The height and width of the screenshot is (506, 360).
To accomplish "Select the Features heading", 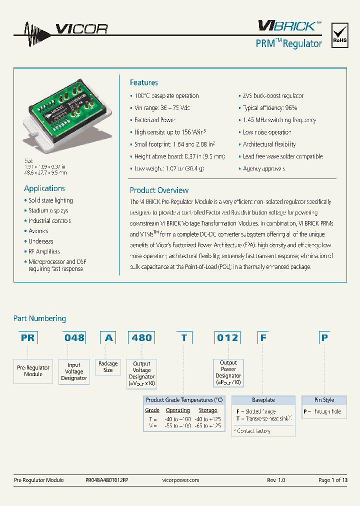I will pyautogui.click(x=143, y=82).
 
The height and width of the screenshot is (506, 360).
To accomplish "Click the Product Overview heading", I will pyautogui.click(x=159, y=190).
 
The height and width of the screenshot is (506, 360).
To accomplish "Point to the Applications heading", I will pyautogui.click(x=44, y=188).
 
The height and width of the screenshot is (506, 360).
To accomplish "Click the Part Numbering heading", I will pyautogui.click(x=39, y=318).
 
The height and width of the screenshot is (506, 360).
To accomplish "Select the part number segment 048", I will pyautogui.click(x=74, y=337).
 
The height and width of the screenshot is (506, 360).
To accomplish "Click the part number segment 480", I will pyautogui.click(x=141, y=337).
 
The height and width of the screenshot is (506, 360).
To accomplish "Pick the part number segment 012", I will pyautogui.click(x=227, y=337).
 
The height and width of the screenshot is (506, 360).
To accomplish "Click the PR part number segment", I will pyautogui.click(x=28, y=337).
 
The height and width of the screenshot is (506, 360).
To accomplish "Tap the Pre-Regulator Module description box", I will pyautogui.click(x=33, y=371).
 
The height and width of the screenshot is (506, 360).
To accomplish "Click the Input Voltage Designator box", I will pyautogui.click(x=74, y=371).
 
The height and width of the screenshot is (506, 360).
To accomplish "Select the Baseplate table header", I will pyautogui.click(x=263, y=400).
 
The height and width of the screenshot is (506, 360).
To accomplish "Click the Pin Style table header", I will pyautogui.click(x=324, y=400).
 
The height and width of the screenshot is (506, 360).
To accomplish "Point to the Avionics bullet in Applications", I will pyautogui.click(x=38, y=231).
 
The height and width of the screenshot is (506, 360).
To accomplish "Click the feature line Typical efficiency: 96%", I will pyautogui.click(x=270, y=108).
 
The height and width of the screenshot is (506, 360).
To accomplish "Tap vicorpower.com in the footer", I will pyautogui.click(x=181, y=480).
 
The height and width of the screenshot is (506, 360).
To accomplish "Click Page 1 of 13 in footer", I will pyautogui.click(x=332, y=480).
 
